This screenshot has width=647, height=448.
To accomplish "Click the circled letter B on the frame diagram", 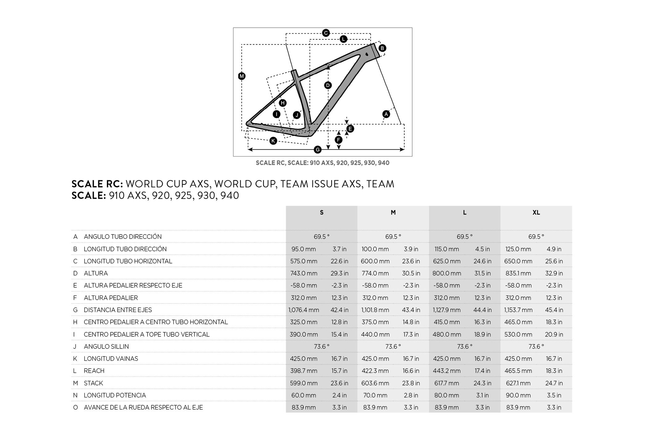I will coord(382,48).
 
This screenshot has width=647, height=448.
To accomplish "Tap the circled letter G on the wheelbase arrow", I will coord(318,150).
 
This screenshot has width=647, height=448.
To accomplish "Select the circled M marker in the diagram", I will coord(242,76).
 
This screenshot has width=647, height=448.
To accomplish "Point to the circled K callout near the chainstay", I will coord(273,141).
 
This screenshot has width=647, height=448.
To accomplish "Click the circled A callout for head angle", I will coord(386,114).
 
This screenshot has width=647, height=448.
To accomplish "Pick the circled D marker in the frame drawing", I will coord(328,85).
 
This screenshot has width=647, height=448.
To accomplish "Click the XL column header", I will coord(536,213).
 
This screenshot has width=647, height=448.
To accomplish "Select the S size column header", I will coord(322,213).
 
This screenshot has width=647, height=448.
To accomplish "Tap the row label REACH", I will coord(94,371).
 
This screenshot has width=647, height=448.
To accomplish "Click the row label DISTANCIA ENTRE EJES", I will coord(118,310).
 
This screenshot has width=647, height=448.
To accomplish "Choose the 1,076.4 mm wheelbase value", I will coord(304,310).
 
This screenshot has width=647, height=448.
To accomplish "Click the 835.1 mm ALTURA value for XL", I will coord(518,273).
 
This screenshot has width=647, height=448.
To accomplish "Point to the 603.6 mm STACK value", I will coord(375,383).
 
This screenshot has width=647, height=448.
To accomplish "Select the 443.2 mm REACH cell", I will coord(447,371).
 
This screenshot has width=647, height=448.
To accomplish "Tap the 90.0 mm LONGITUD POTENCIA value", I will coord(518,395).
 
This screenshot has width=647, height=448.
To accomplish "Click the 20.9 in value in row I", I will coord(554,334).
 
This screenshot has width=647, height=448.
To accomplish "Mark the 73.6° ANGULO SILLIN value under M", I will coord(393,346).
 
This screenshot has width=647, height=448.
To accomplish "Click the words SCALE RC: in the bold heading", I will coord(97,184).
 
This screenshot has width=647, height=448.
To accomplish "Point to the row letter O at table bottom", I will coord(75,407).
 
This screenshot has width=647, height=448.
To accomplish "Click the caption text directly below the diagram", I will coord(323,163).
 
